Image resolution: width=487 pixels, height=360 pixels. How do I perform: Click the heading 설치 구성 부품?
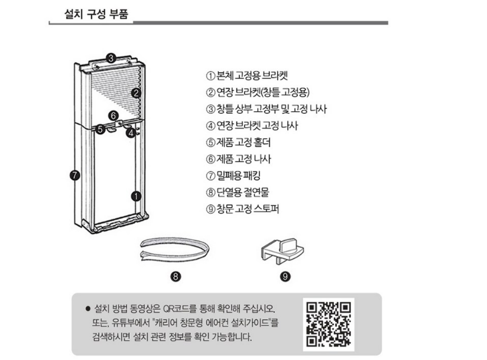[x=96, y=14]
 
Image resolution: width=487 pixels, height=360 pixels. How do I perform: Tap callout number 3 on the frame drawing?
[x=111, y=58]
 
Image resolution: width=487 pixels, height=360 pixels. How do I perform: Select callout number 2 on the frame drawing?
[x=135, y=93]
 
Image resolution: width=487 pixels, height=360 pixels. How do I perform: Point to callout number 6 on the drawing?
[x=114, y=116]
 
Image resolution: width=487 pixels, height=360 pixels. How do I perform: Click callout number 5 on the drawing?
[x=100, y=128]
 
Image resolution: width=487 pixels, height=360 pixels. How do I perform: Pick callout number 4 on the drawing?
[x=131, y=133]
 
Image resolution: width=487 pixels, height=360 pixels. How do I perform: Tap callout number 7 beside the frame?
[x=75, y=175]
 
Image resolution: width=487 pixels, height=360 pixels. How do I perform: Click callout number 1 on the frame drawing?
[x=136, y=196]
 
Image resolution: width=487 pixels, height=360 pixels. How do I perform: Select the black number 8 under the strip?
[x=175, y=276]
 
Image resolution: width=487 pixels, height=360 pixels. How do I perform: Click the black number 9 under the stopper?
[x=285, y=276]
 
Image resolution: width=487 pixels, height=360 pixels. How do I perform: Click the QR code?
[x=329, y=324]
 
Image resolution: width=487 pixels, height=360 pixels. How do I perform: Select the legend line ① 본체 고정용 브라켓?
[x=247, y=76]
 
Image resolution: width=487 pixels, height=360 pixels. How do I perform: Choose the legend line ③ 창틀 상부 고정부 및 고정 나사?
[x=266, y=109]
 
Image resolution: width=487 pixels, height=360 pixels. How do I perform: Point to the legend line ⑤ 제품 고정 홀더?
[x=238, y=142]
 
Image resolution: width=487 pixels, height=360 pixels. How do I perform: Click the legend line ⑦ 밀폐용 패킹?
[x=233, y=176]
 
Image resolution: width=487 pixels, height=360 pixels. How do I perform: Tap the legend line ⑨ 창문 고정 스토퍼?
[x=243, y=209]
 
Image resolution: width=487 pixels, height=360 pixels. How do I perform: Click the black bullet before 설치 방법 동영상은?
[x=88, y=308]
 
